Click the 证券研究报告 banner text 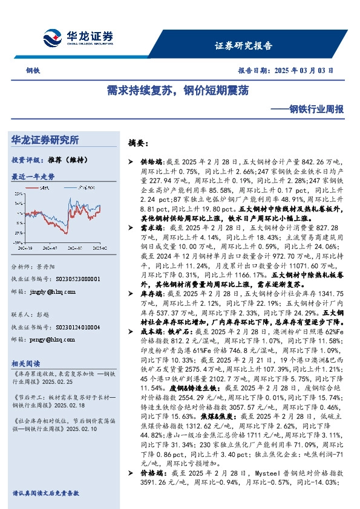coord(243,45)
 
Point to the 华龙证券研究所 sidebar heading coord(45,140)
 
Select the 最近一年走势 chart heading coord(33,177)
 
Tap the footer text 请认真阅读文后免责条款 coord(45,493)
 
